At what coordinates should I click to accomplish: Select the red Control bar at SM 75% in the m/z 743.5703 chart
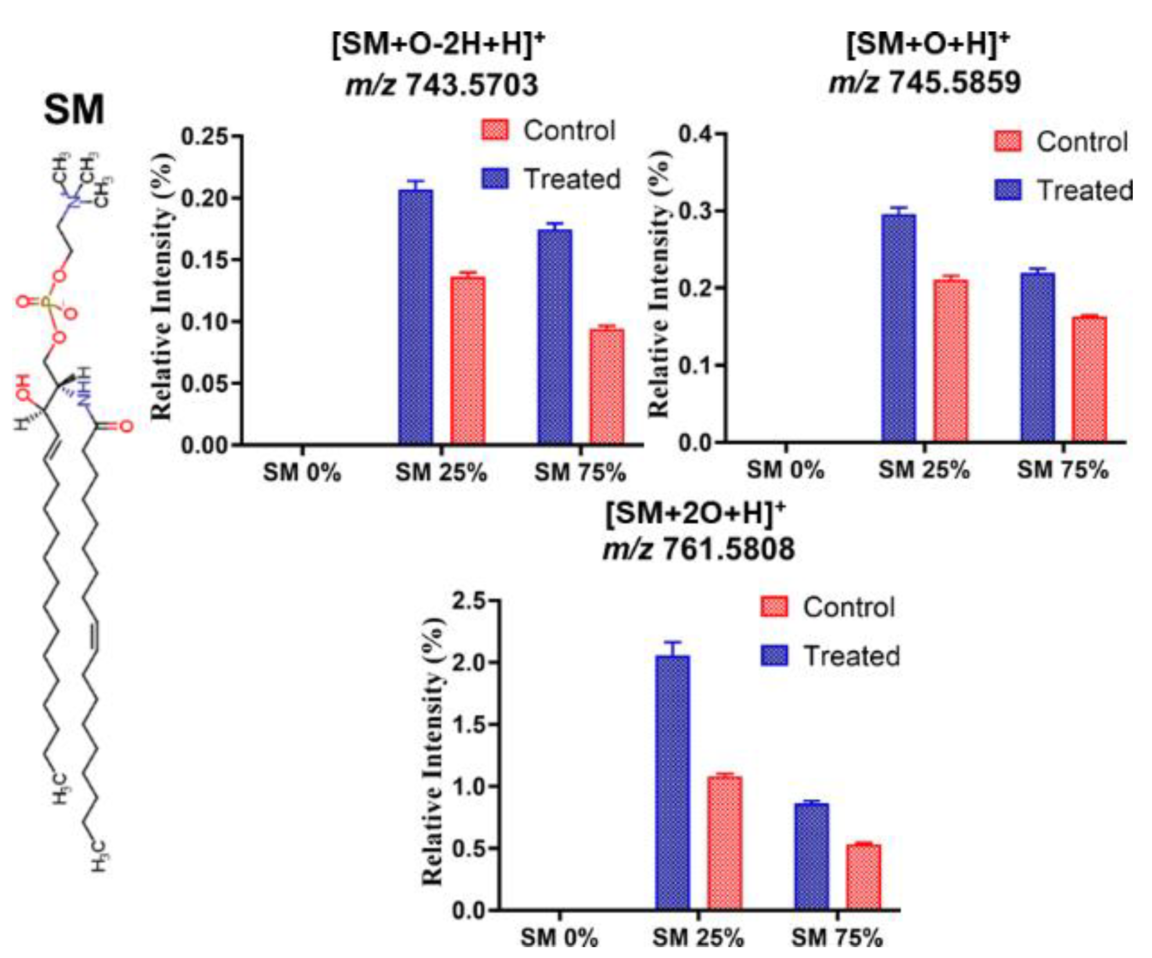607,386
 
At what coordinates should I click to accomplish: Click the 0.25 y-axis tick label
204,136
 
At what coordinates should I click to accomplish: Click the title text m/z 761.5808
698,549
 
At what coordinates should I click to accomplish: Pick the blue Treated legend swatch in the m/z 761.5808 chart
774,656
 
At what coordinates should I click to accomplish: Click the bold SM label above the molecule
74,110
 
